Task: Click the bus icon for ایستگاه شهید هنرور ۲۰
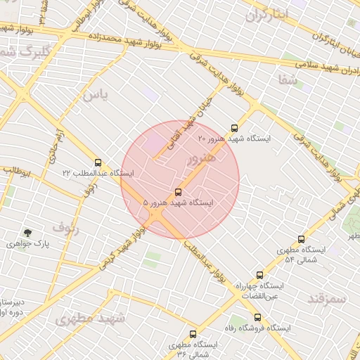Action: pos(234,128)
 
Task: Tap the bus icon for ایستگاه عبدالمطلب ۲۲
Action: pos(97,162)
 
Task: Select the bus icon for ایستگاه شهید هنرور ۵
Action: pos(178,192)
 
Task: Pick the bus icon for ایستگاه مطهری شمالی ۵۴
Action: pos(302,239)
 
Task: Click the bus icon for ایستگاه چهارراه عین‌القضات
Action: pos(259,275)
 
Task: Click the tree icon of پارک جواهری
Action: pos(28,233)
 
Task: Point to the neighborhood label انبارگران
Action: pos(266,15)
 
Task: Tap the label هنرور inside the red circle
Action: pos(199,160)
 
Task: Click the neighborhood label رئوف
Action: pos(66,228)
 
